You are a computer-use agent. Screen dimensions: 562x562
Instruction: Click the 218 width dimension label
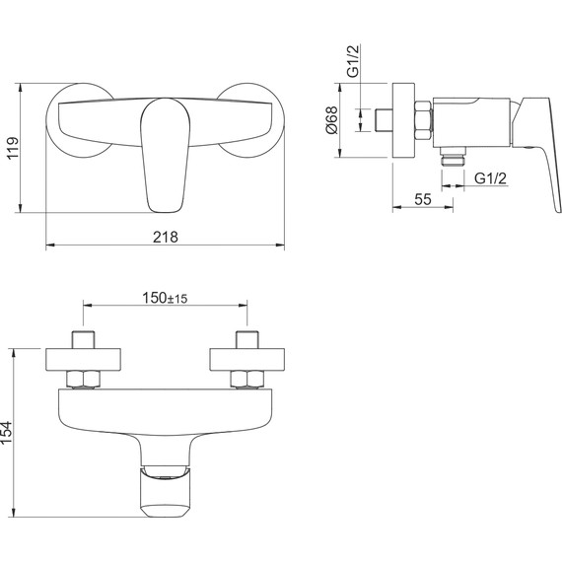tap(166, 237)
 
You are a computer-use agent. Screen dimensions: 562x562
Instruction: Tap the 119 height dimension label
tap(12, 148)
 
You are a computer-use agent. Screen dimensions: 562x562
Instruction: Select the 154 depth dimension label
tap(6, 433)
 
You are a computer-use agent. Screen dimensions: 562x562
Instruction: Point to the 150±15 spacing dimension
tap(165, 298)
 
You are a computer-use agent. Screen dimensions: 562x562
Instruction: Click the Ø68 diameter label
tap(332, 119)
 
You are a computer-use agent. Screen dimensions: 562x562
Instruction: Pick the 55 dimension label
tap(423, 199)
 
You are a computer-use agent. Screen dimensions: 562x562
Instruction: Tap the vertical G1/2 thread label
tap(353, 61)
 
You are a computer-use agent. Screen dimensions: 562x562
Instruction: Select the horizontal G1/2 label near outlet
tap(491, 178)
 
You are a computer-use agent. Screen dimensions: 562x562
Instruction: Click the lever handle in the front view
tap(165, 155)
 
